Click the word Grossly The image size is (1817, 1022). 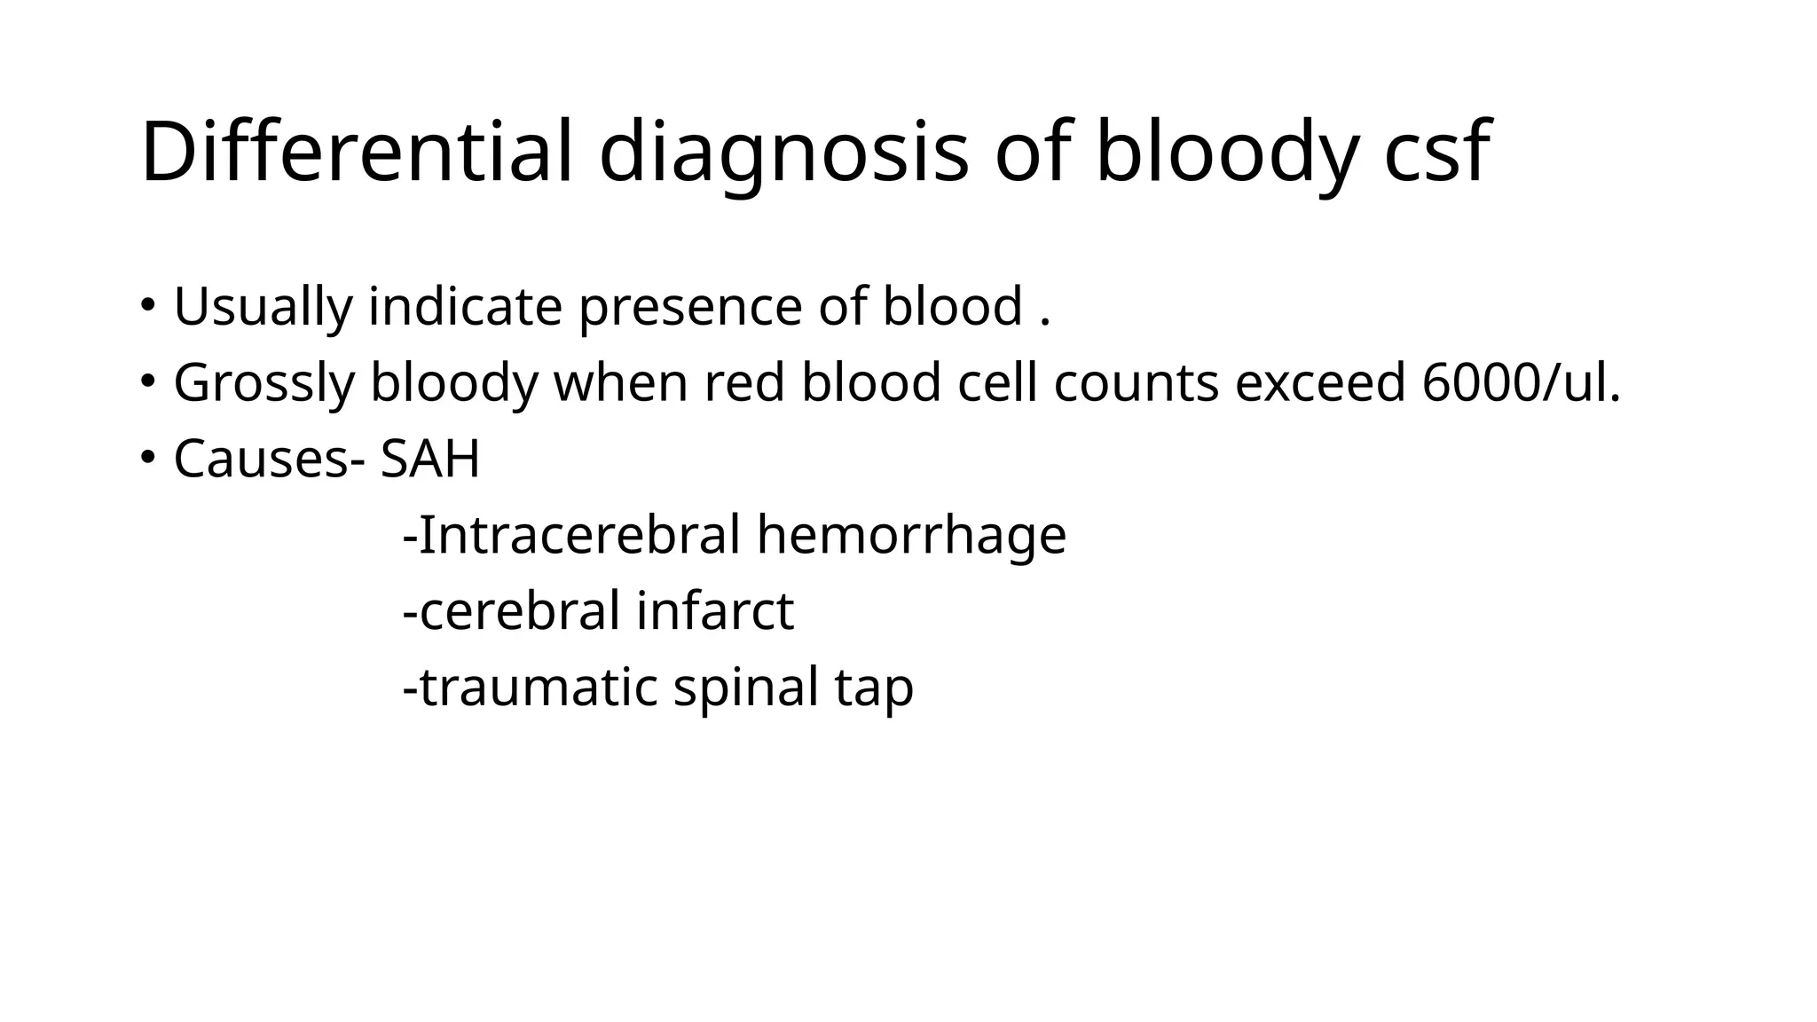tap(264, 383)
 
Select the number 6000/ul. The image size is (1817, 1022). tap(1521, 382)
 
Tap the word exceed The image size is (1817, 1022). tap(1319, 382)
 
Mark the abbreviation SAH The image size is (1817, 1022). tap(430, 460)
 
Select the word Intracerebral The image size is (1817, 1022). tap(578, 535)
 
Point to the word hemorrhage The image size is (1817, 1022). tap(911, 535)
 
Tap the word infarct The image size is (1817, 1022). tap(715, 611)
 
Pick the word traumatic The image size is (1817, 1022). tap(538, 688)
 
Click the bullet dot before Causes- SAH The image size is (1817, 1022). tap(147, 458)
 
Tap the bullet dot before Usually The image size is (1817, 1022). tap(147, 305)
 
